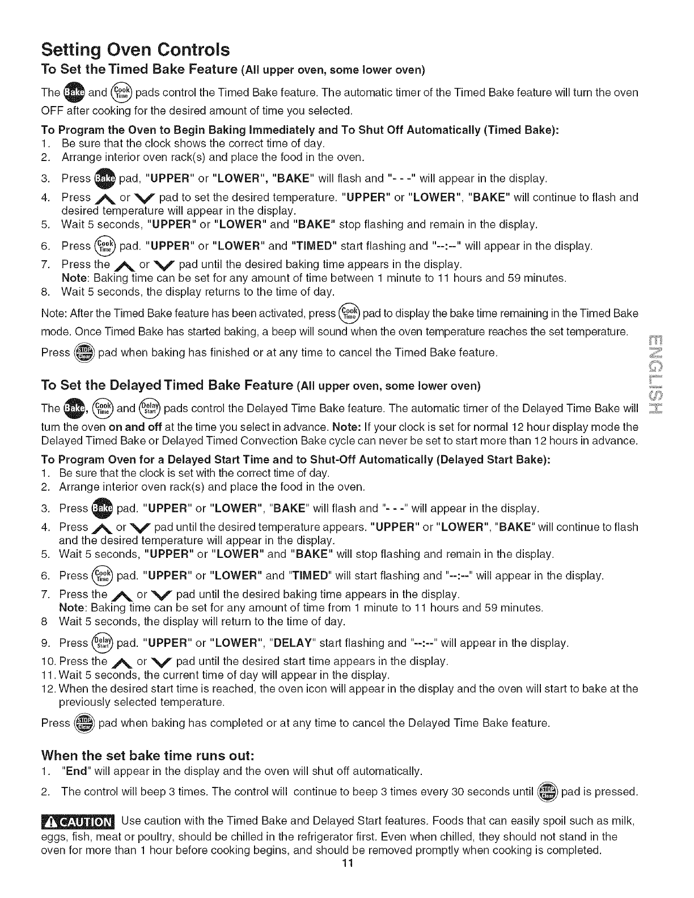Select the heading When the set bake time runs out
point(147,756)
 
